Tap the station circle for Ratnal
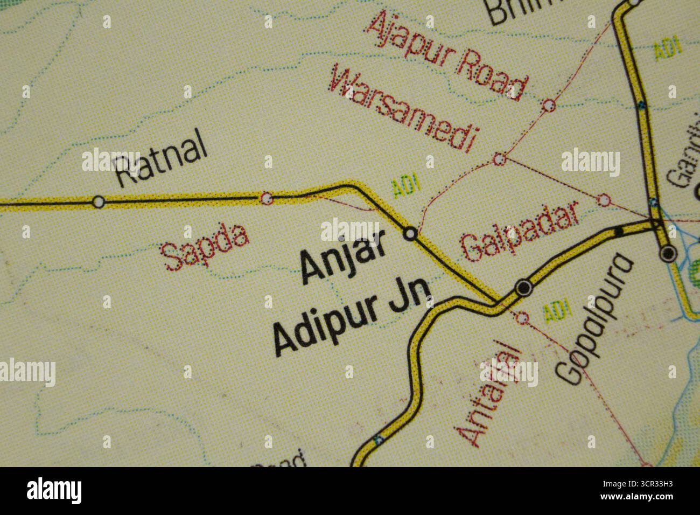[98, 202]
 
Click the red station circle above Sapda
[267, 199]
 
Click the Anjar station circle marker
[410, 234]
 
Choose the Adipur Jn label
[353, 318]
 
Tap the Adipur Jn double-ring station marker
[523, 288]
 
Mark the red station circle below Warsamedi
[500, 159]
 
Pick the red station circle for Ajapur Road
[549, 105]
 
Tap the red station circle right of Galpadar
[605, 200]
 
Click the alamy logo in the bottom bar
[54, 491]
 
